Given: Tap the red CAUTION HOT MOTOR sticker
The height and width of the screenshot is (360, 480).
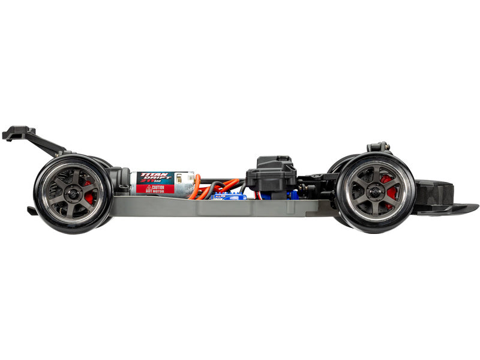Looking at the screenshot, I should [x=155, y=188].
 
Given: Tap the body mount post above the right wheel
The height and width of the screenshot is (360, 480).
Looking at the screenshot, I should [x=379, y=147].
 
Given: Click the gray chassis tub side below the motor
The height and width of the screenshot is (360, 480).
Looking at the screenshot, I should [x=162, y=206].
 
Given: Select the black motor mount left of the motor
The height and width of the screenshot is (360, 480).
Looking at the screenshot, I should [x=124, y=181].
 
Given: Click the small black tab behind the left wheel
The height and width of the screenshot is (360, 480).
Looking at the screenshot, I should [x=32, y=211].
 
